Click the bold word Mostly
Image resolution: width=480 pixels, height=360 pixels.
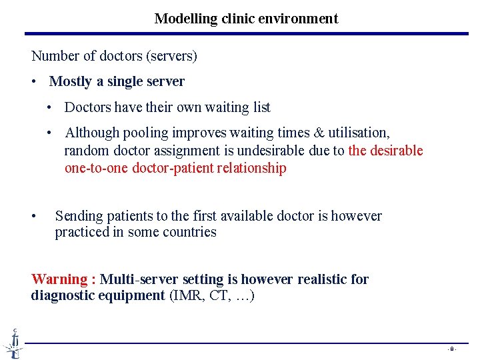click(x=71, y=81)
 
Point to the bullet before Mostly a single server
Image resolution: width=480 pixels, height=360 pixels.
click(x=34, y=82)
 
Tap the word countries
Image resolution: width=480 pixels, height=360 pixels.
click(x=191, y=233)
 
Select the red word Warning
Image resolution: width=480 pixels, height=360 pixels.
click(x=59, y=279)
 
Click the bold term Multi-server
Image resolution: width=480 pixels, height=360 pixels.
click(x=138, y=279)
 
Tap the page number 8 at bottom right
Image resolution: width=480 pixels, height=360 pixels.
click(x=451, y=349)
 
